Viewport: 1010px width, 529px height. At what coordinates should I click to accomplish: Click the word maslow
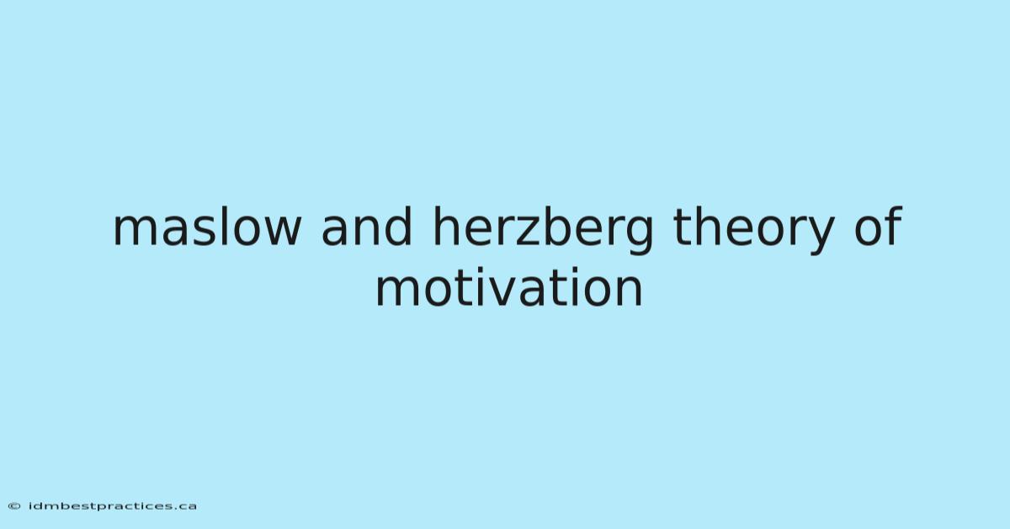[x=207, y=227]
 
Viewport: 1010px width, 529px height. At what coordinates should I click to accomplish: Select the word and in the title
[x=366, y=227]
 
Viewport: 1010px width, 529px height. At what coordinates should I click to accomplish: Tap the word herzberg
[x=542, y=231]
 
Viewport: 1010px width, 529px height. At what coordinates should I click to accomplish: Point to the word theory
[x=753, y=231]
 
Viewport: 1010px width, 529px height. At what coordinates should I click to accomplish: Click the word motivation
[x=509, y=287]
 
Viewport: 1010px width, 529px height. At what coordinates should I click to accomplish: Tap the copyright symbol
[x=14, y=506]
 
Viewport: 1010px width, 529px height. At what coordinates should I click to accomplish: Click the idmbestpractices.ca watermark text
[x=112, y=506]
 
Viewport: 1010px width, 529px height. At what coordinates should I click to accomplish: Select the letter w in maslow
[x=280, y=232]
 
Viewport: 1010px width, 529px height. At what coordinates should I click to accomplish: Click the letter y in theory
[x=820, y=237]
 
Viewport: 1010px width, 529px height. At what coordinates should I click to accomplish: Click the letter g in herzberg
[x=639, y=236]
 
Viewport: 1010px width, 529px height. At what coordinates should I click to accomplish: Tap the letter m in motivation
[x=399, y=292]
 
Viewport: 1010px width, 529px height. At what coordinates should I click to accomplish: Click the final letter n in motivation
[x=630, y=292]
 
